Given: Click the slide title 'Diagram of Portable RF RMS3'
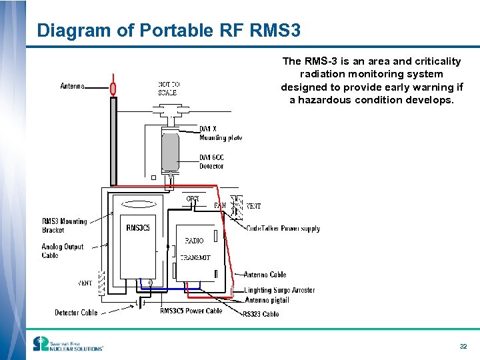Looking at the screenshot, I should pos(169,31).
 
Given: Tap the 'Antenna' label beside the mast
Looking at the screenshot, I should pos(73,87).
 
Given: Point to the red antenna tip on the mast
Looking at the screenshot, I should pos(113,88).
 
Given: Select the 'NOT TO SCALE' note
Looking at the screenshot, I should pos(168,89).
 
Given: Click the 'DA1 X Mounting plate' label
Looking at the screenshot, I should pos(221,133).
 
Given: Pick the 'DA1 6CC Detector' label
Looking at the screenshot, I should pos(211,162).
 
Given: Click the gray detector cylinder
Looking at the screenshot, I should pos(171,151).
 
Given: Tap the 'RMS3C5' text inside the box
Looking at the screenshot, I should pos(138,228).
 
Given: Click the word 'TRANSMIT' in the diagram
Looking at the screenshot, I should pos(195,257).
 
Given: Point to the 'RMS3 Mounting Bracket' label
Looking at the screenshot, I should pos(64,225).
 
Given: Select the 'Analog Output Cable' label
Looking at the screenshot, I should pos(63,251).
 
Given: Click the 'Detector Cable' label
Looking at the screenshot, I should pos(76,313).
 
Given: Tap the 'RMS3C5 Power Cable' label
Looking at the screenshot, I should pos(191,311).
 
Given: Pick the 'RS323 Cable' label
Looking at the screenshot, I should pos(261,314).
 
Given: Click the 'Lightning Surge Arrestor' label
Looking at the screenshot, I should pos(279,291).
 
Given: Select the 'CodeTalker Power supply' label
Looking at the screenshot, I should pos(283,229).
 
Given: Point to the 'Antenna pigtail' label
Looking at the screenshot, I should pos(267,300).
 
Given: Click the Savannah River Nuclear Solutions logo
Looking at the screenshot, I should pos(68,345).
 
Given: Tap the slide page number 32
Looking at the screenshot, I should pos(463,347).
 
